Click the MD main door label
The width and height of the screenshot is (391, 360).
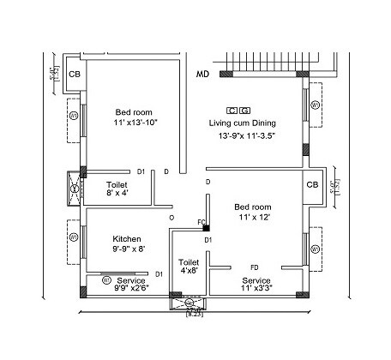(x=203, y=75)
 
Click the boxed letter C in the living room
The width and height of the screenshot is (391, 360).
(x=232, y=111)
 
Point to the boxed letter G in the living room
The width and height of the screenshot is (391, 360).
(x=245, y=111)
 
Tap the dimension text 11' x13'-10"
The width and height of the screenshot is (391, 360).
(x=135, y=123)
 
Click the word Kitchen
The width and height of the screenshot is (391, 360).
(x=127, y=238)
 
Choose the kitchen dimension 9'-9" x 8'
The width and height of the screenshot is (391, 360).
(x=129, y=249)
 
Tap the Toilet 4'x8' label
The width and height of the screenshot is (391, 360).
(x=189, y=267)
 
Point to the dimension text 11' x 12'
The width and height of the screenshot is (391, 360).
(x=253, y=218)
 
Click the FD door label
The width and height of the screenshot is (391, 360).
(x=254, y=267)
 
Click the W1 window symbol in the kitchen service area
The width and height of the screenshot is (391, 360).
(x=105, y=279)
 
